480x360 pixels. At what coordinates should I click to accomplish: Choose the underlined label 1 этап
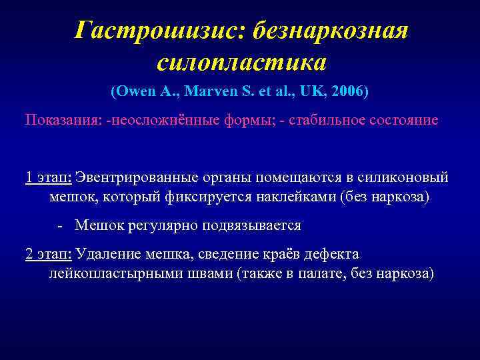(x=48, y=177)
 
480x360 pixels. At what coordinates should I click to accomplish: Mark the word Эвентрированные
(x=131, y=177)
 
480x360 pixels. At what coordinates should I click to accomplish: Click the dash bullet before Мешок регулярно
(x=61, y=226)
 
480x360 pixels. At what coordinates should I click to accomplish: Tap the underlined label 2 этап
(x=48, y=255)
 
